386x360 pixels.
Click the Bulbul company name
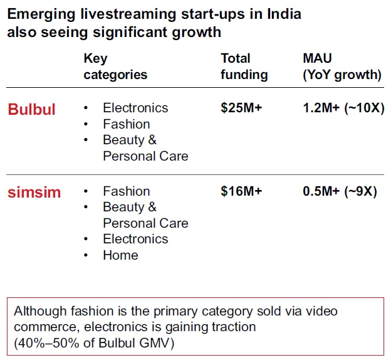click(x=31, y=109)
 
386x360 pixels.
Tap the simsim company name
click(x=34, y=192)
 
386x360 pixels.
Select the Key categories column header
click(x=115, y=66)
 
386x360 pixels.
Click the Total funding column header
click(x=244, y=66)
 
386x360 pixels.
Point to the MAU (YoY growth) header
click(x=342, y=66)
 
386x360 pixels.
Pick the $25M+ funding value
click(x=241, y=108)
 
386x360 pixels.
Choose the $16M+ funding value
click(x=241, y=191)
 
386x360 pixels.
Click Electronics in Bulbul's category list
click(x=135, y=108)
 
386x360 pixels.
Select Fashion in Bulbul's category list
click(x=127, y=124)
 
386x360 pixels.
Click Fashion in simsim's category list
click(x=127, y=191)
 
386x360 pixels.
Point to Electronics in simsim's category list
click(x=135, y=239)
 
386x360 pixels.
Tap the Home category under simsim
click(x=120, y=255)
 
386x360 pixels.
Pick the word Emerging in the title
click(x=35, y=14)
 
